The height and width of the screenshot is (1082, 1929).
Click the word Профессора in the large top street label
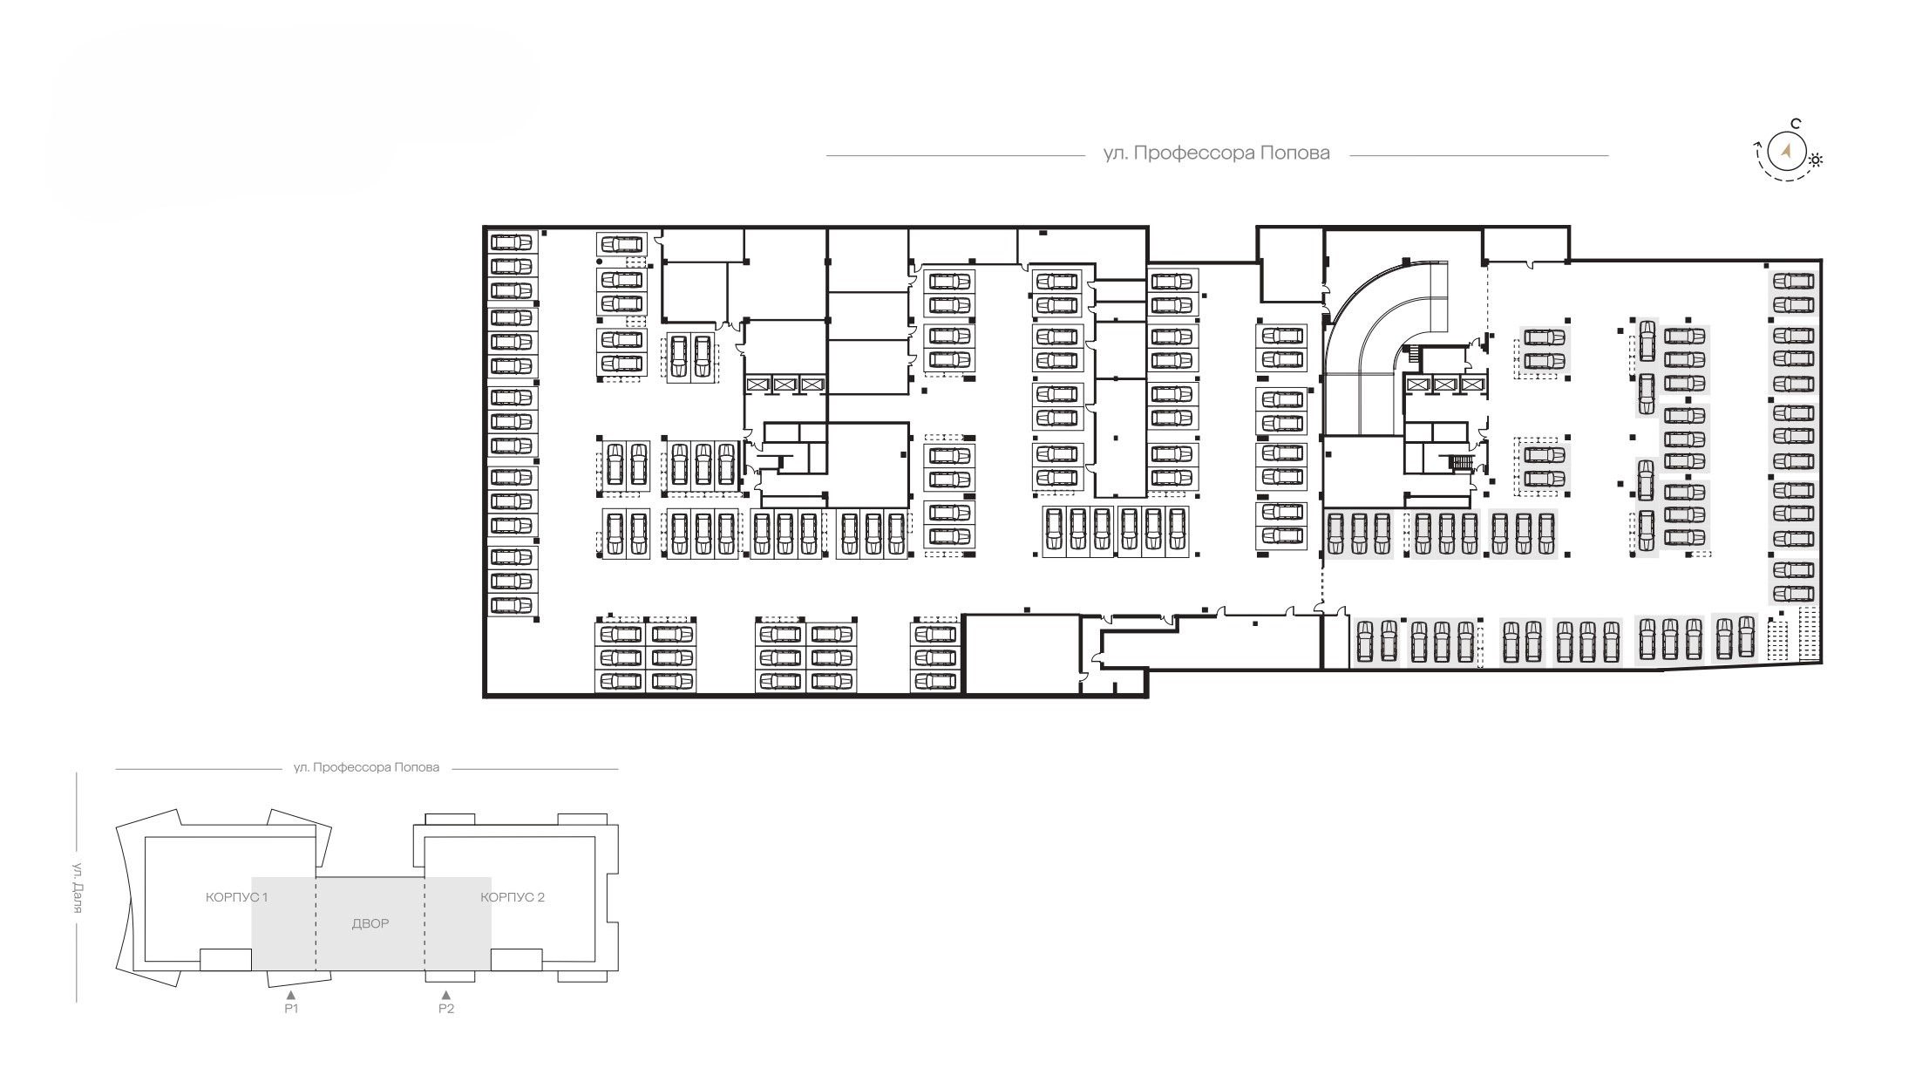click(1185, 154)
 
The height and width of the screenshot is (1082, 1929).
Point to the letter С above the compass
click(1796, 124)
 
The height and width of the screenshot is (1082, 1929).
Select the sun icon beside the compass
click(1817, 160)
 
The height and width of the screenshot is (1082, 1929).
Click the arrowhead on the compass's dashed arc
click(1760, 146)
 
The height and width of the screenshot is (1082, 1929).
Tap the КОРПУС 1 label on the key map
click(236, 897)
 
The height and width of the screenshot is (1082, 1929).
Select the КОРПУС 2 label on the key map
click(513, 897)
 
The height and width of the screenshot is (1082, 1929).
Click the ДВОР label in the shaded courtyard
click(370, 923)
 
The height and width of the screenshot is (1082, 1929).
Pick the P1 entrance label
click(291, 1009)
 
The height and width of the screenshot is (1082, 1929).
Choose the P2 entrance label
click(446, 1009)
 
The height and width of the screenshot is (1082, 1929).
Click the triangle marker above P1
click(291, 994)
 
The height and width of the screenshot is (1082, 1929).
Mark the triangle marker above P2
click(446, 994)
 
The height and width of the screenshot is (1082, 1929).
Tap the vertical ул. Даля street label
click(77, 888)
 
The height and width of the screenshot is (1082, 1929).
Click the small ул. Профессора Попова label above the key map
click(366, 768)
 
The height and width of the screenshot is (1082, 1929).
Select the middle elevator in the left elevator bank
click(785, 384)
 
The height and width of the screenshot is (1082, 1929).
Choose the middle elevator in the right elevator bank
click(1444, 384)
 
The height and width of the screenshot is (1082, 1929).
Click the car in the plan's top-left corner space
click(512, 242)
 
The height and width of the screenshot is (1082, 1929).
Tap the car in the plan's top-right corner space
click(1793, 282)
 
